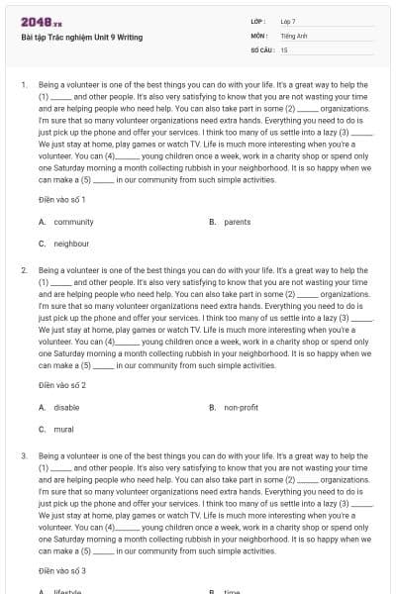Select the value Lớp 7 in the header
point(288,21)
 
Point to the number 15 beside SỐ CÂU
point(284,49)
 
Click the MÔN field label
point(258,35)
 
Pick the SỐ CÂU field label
point(261,49)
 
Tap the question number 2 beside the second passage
point(23,269)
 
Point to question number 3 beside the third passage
point(23,455)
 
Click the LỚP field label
point(258,21)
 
